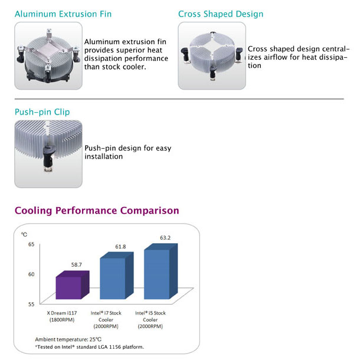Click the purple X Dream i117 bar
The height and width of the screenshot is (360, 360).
point(73,286)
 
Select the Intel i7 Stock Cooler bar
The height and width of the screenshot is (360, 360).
point(117,276)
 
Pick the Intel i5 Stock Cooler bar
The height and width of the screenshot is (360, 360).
point(161,271)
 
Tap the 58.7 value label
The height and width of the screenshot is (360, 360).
point(77,265)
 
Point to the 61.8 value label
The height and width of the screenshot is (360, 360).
point(120,247)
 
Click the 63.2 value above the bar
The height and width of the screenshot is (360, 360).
point(165,238)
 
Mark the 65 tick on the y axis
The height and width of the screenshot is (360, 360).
point(31,244)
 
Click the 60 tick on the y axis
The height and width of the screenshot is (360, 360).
point(31,274)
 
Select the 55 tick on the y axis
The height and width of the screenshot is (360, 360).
point(31,304)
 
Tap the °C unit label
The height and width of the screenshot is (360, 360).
point(24,234)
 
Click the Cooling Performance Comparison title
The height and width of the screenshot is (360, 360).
point(97,211)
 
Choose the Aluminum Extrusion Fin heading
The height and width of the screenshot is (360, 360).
point(63,14)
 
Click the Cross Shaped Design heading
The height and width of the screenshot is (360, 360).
point(221,14)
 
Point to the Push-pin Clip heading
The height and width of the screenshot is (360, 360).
point(42,112)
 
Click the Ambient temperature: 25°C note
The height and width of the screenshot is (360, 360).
point(68,339)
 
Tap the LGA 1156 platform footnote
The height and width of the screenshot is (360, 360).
point(89,347)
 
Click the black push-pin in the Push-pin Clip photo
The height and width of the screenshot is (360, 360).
point(48,156)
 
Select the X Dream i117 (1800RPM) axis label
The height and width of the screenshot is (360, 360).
point(62,316)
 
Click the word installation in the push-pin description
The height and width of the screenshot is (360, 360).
point(103,156)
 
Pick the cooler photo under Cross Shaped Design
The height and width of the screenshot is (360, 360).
point(212,56)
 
